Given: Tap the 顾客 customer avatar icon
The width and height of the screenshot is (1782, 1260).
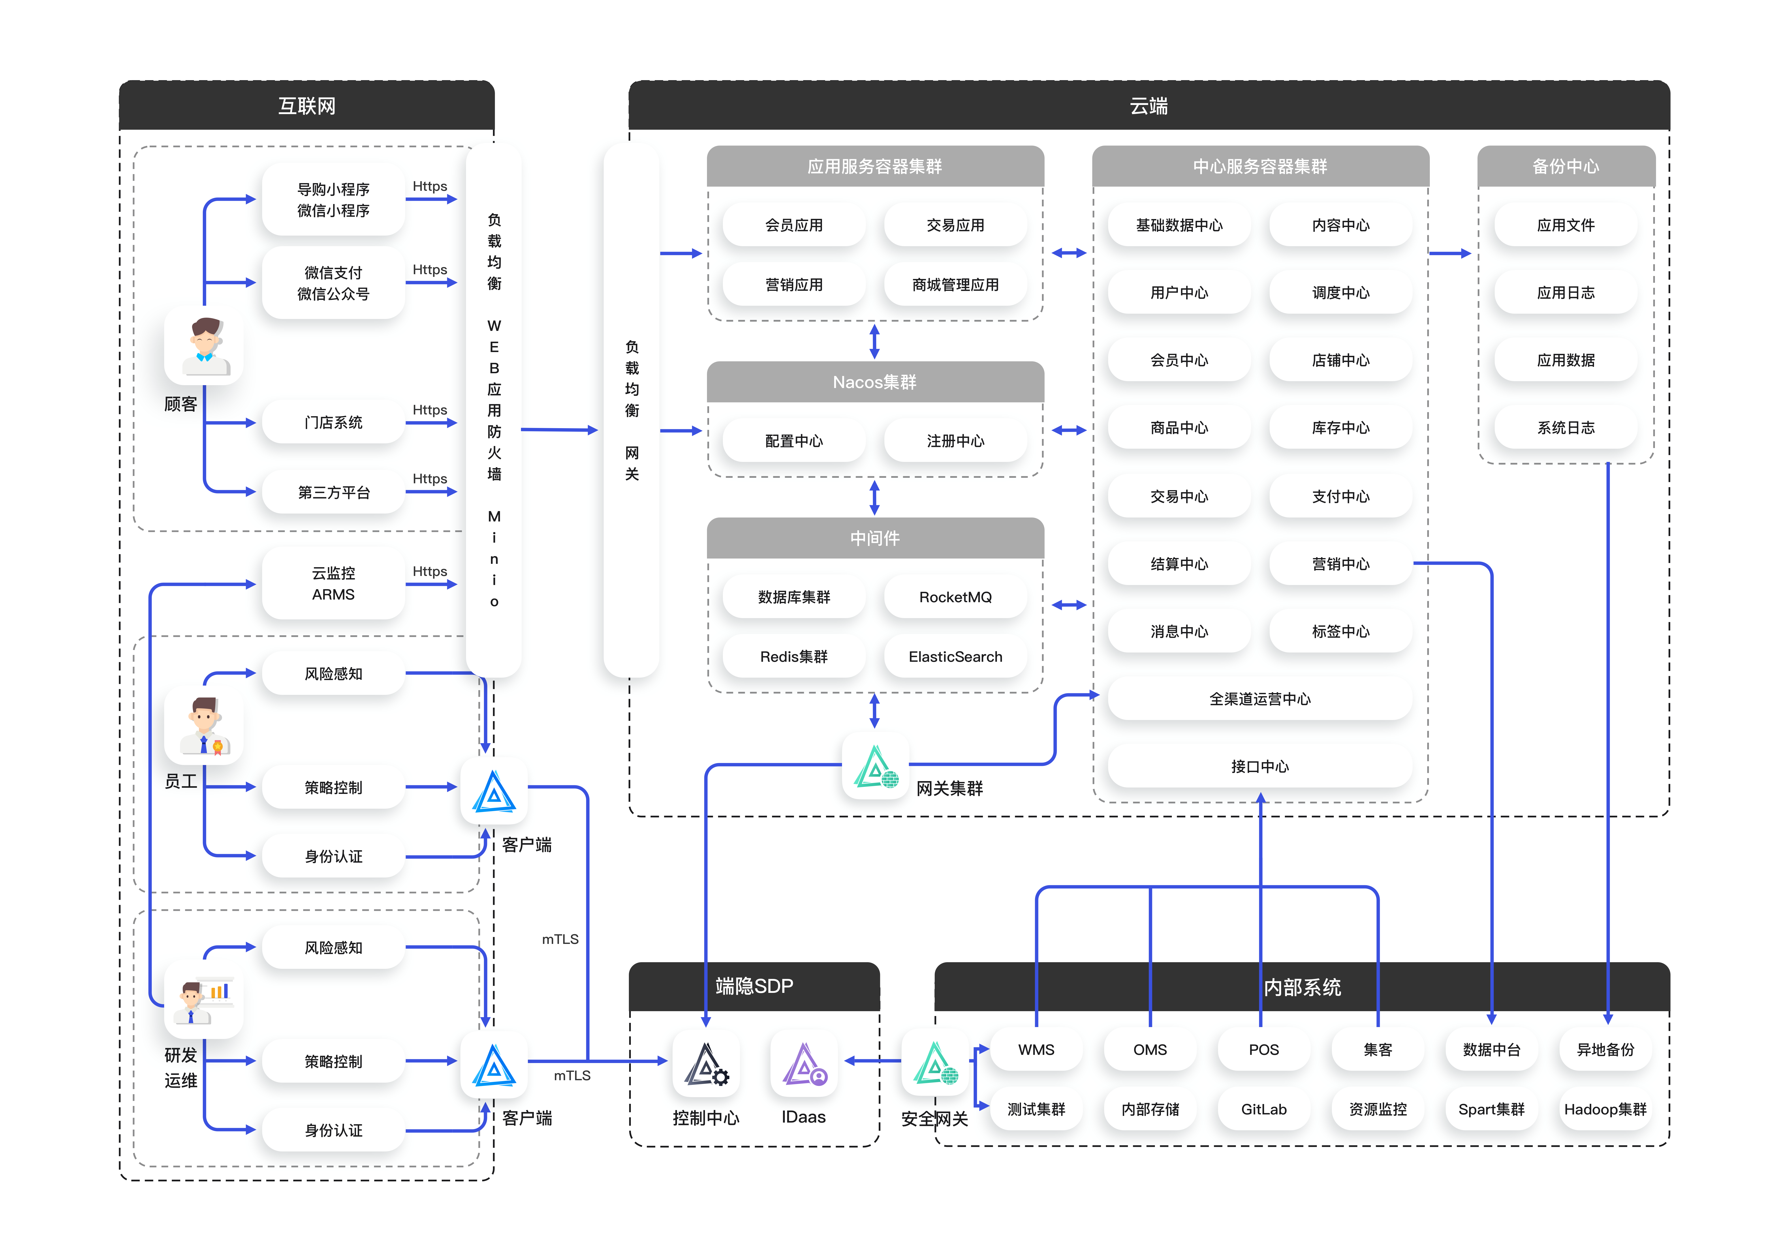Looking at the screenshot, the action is (204, 346).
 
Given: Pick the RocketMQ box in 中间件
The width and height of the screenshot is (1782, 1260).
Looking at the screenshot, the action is (955, 597).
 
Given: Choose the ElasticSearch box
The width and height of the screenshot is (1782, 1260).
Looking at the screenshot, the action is (955, 656).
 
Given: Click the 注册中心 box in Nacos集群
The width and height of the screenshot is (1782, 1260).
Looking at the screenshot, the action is (955, 441).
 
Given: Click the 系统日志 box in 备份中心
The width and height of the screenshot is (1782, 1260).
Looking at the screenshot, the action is (1566, 427).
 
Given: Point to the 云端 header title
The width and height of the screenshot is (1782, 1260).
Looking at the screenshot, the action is (1149, 105).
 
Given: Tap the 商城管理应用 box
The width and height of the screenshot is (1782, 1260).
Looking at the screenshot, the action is (955, 285).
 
